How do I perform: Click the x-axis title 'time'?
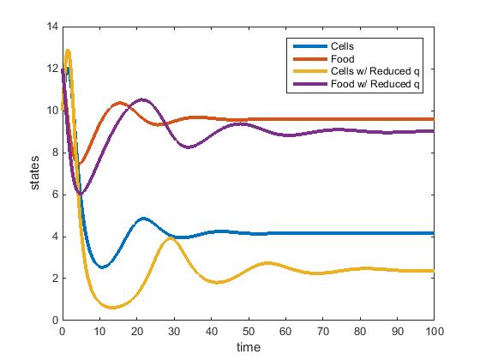tap(249, 347)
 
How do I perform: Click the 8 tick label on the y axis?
tap(54, 153)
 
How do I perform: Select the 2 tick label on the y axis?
tap(54, 279)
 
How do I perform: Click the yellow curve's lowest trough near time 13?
tap(111, 307)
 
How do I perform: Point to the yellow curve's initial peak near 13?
tap(68, 51)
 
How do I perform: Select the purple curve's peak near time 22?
tap(143, 99)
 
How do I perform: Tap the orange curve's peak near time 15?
tap(118, 103)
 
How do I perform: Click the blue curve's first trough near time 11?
tap(103, 267)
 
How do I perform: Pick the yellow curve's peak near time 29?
tap(170, 238)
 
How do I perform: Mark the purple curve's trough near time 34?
tap(189, 147)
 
